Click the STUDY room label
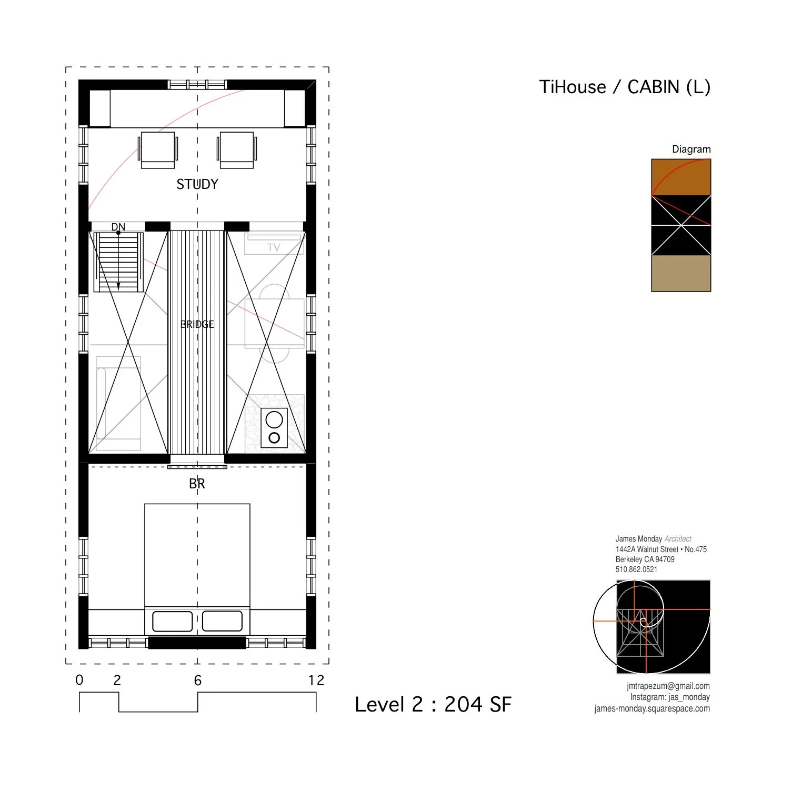pyautogui.click(x=197, y=184)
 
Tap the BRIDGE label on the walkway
pyautogui.click(x=197, y=324)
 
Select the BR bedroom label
pyautogui.click(x=197, y=484)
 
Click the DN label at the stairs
pyautogui.click(x=118, y=227)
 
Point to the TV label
pyautogui.click(x=274, y=247)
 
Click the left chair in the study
pyautogui.click(x=158, y=149)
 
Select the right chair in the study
pyautogui.click(x=237, y=149)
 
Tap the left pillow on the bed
pyautogui.click(x=172, y=622)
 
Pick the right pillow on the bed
pyautogui.click(x=222, y=621)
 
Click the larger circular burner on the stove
pyautogui.click(x=274, y=419)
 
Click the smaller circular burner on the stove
pyautogui.click(x=274, y=438)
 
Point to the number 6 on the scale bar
pyautogui.click(x=198, y=680)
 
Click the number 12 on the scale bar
pyautogui.click(x=316, y=680)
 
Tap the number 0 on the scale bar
pyautogui.click(x=79, y=680)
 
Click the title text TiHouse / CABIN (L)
pyautogui.click(x=625, y=87)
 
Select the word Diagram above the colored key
pyautogui.click(x=691, y=149)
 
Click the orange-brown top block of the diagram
pyautogui.click(x=681, y=177)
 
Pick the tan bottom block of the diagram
pyautogui.click(x=681, y=274)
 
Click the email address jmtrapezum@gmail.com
pyautogui.click(x=668, y=686)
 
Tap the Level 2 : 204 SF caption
pyautogui.click(x=433, y=704)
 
